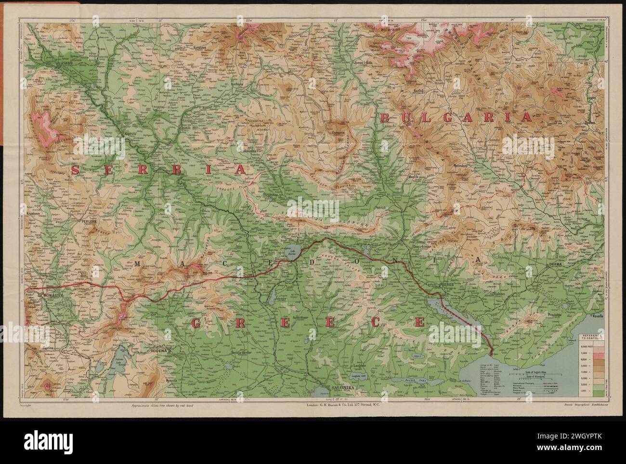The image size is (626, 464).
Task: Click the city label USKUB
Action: (63, 63)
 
